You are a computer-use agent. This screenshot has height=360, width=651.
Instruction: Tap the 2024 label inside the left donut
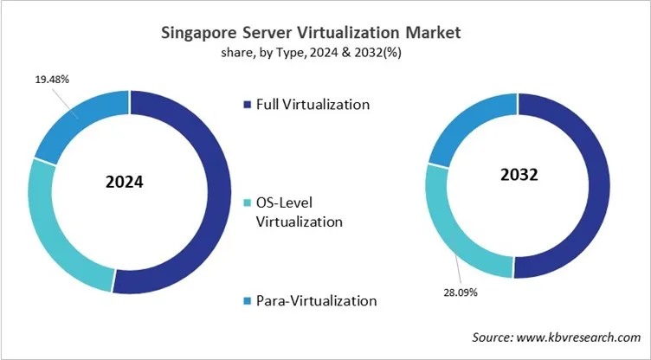[125, 183]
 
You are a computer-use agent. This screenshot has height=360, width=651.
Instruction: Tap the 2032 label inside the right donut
[519, 175]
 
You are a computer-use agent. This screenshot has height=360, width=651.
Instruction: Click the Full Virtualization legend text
[313, 105]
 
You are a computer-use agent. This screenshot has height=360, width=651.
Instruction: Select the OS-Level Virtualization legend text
[300, 212]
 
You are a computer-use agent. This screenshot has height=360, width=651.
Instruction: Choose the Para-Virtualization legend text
[316, 301]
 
